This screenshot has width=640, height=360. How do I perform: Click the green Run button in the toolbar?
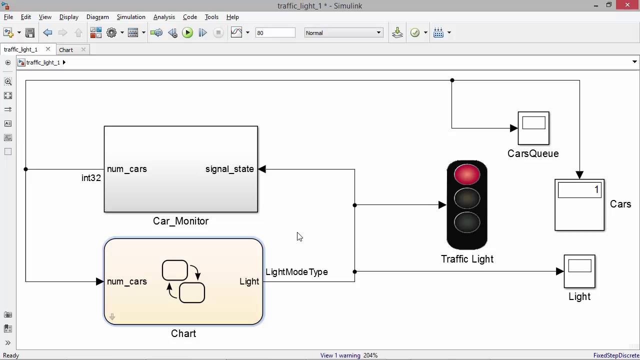(x=187, y=33)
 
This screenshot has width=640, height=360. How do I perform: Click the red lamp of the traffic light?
(x=467, y=174)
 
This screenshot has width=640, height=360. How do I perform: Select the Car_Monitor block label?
(x=180, y=221)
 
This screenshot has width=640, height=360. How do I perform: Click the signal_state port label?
(x=229, y=169)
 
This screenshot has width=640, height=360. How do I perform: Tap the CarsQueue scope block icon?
(x=533, y=128)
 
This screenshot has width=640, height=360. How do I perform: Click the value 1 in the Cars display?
(x=596, y=190)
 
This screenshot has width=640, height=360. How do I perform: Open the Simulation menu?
(x=131, y=17)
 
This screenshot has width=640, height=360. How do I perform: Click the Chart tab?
(x=66, y=50)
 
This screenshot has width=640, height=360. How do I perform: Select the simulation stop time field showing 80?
(x=274, y=33)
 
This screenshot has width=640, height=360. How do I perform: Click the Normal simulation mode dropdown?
(x=343, y=33)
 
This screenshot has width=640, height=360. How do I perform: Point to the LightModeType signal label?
(x=296, y=272)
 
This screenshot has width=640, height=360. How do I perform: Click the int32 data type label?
(x=91, y=178)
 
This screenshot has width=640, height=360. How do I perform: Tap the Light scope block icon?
(x=579, y=271)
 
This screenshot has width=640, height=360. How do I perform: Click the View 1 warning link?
(x=340, y=355)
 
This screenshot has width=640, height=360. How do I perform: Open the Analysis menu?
(x=164, y=17)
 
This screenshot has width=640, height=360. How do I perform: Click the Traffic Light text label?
(x=467, y=259)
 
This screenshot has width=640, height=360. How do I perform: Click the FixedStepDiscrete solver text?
(x=615, y=355)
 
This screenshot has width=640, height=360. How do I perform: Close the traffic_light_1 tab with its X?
(x=48, y=49)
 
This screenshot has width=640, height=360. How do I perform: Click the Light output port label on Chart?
(x=249, y=281)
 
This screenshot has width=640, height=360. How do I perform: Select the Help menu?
(x=232, y=17)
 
